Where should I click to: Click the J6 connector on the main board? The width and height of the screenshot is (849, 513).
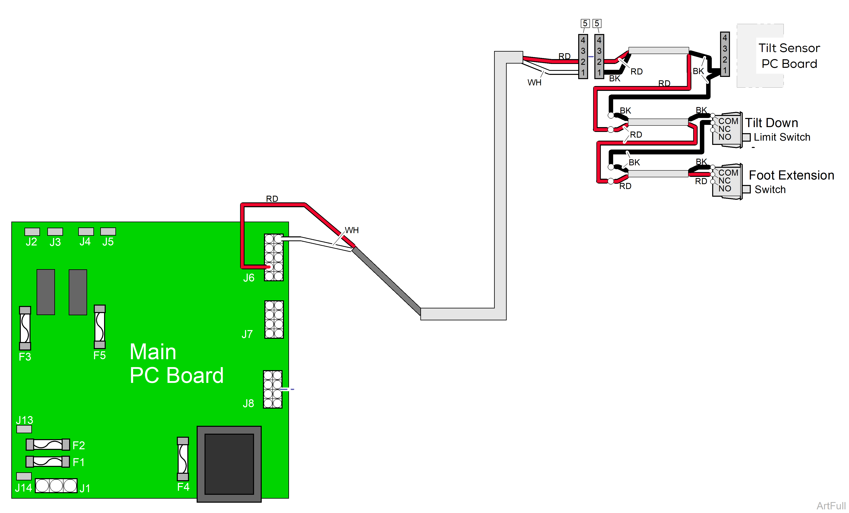[x=274, y=257]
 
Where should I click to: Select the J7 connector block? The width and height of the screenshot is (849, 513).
[x=274, y=320]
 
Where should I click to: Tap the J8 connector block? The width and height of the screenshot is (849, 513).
[x=273, y=389]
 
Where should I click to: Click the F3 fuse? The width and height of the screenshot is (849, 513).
[x=25, y=328]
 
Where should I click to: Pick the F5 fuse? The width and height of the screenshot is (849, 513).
[x=100, y=326]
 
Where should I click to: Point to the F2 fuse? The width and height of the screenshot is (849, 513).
[x=48, y=444]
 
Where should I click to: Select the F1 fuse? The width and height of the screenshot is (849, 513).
[x=48, y=461]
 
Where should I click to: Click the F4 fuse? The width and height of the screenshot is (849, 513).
[x=183, y=459]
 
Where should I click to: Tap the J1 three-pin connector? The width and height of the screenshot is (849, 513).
[x=56, y=485]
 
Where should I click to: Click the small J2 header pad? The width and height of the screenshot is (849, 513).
[x=32, y=232]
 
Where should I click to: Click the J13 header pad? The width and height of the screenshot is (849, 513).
[x=24, y=429]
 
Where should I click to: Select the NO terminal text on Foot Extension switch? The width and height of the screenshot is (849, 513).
[x=725, y=189]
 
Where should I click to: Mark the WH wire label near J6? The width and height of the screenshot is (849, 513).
[x=351, y=230]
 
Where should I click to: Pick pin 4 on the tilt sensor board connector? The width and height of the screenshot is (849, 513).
[x=725, y=38]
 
